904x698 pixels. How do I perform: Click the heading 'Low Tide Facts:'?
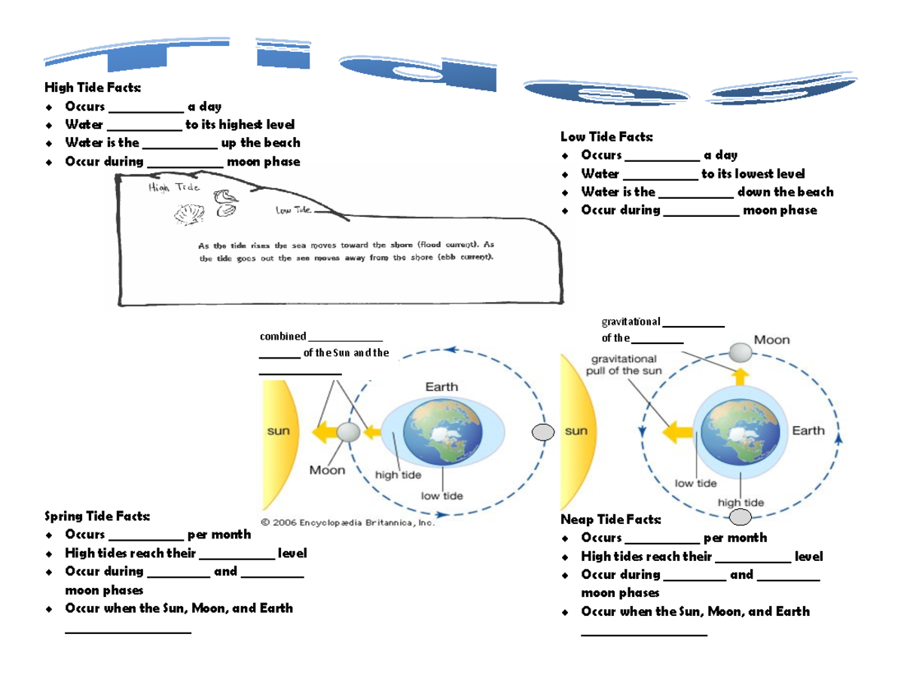click(607, 136)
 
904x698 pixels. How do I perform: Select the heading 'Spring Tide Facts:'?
click(97, 516)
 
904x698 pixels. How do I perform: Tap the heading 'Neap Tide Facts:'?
click(611, 520)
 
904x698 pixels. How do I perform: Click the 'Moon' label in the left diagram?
click(328, 470)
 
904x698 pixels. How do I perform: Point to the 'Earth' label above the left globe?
click(441, 387)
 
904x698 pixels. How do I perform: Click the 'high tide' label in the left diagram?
click(399, 475)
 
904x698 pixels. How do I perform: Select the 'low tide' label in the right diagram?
click(695, 483)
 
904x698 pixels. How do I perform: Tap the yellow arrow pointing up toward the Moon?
click(741, 376)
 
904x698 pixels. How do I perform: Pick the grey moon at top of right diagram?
click(741, 352)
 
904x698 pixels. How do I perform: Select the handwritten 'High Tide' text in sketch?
click(173, 187)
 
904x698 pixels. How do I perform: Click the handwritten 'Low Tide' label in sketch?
click(293, 211)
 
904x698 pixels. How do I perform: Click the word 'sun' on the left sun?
click(279, 432)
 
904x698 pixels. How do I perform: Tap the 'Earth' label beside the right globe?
click(808, 431)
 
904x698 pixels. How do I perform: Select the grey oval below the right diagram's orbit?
click(741, 517)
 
